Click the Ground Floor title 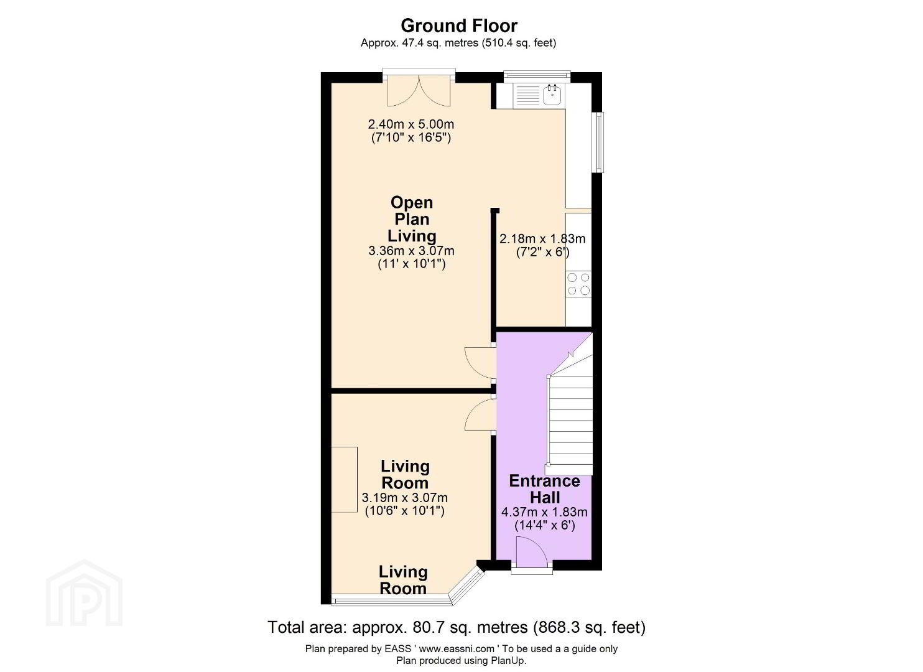coord(458,26)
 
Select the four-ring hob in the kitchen coord(578,284)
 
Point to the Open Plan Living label coord(412,219)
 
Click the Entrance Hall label coord(544,489)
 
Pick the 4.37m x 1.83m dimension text coord(544,513)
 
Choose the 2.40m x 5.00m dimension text coord(411,124)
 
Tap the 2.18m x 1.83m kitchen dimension coord(542,239)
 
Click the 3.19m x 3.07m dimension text coord(405,498)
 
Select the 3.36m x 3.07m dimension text coord(411,251)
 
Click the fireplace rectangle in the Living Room coord(345,480)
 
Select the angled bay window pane coord(466,586)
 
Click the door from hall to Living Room coord(480,416)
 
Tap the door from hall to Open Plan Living coord(480,363)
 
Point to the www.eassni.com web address coord(457,648)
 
